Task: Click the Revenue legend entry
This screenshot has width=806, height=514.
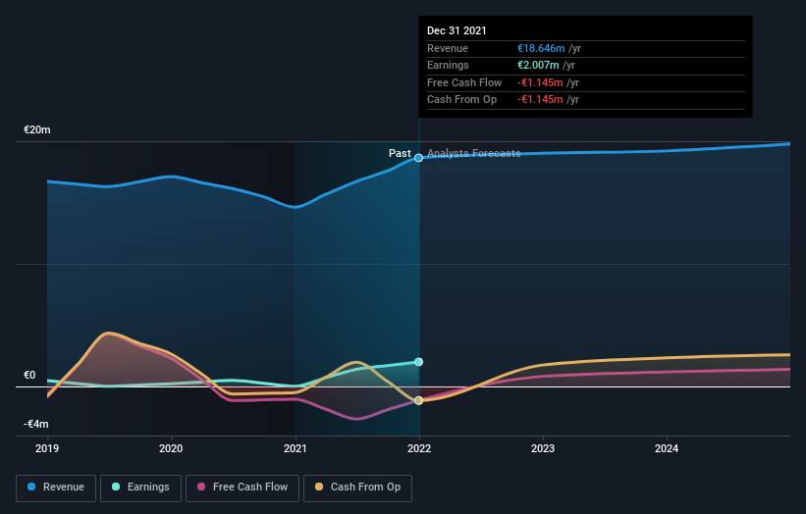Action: click(x=56, y=487)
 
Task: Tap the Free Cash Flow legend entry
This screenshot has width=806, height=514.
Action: click(x=242, y=487)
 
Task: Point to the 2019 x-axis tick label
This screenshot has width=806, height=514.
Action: click(x=47, y=449)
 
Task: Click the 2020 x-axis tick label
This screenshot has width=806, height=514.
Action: click(x=171, y=449)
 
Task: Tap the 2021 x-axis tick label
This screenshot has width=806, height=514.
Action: click(x=295, y=449)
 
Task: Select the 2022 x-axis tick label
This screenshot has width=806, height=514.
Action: click(x=419, y=449)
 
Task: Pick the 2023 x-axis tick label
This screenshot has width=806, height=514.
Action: click(x=543, y=449)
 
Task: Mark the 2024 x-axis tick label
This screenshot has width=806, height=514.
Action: click(x=667, y=449)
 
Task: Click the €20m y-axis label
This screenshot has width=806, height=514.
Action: click(x=37, y=129)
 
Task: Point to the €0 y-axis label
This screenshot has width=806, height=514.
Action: click(x=29, y=375)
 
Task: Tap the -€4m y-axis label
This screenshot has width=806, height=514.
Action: click(x=36, y=424)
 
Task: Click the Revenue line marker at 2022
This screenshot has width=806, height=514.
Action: click(x=419, y=158)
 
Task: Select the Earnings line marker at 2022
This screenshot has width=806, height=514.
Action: click(x=419, y=362)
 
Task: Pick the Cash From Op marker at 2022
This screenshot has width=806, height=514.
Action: click(x=419, y=400)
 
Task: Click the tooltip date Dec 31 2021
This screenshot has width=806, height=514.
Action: click(x=457, y=31)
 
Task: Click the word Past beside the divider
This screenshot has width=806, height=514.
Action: click(x=400, y=153)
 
